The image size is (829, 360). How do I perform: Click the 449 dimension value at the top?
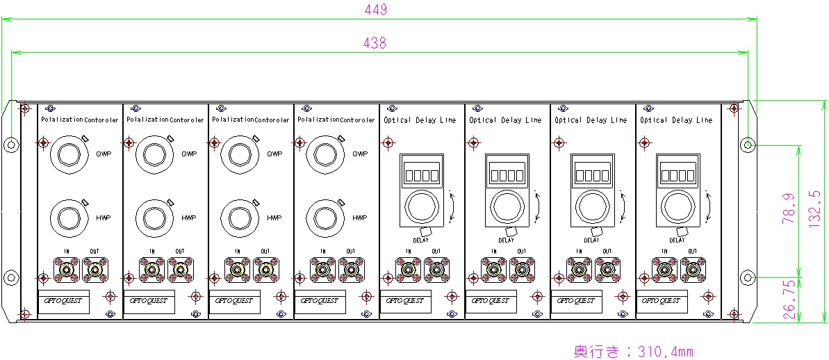[375, 10]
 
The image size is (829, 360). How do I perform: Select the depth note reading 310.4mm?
[632, 351]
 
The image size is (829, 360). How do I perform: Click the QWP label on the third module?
[274, 154]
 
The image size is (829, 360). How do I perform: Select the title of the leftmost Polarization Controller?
[81, 120]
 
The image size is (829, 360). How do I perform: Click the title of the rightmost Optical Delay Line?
[676, 120]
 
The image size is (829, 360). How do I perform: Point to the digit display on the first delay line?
[422, 174]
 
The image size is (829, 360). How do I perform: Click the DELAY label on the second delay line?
[507, 240]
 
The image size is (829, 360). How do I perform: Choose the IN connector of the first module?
[67, 268]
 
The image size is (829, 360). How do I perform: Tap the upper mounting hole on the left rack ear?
[11, 145]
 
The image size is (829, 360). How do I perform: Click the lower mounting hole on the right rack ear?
[747, 277]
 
